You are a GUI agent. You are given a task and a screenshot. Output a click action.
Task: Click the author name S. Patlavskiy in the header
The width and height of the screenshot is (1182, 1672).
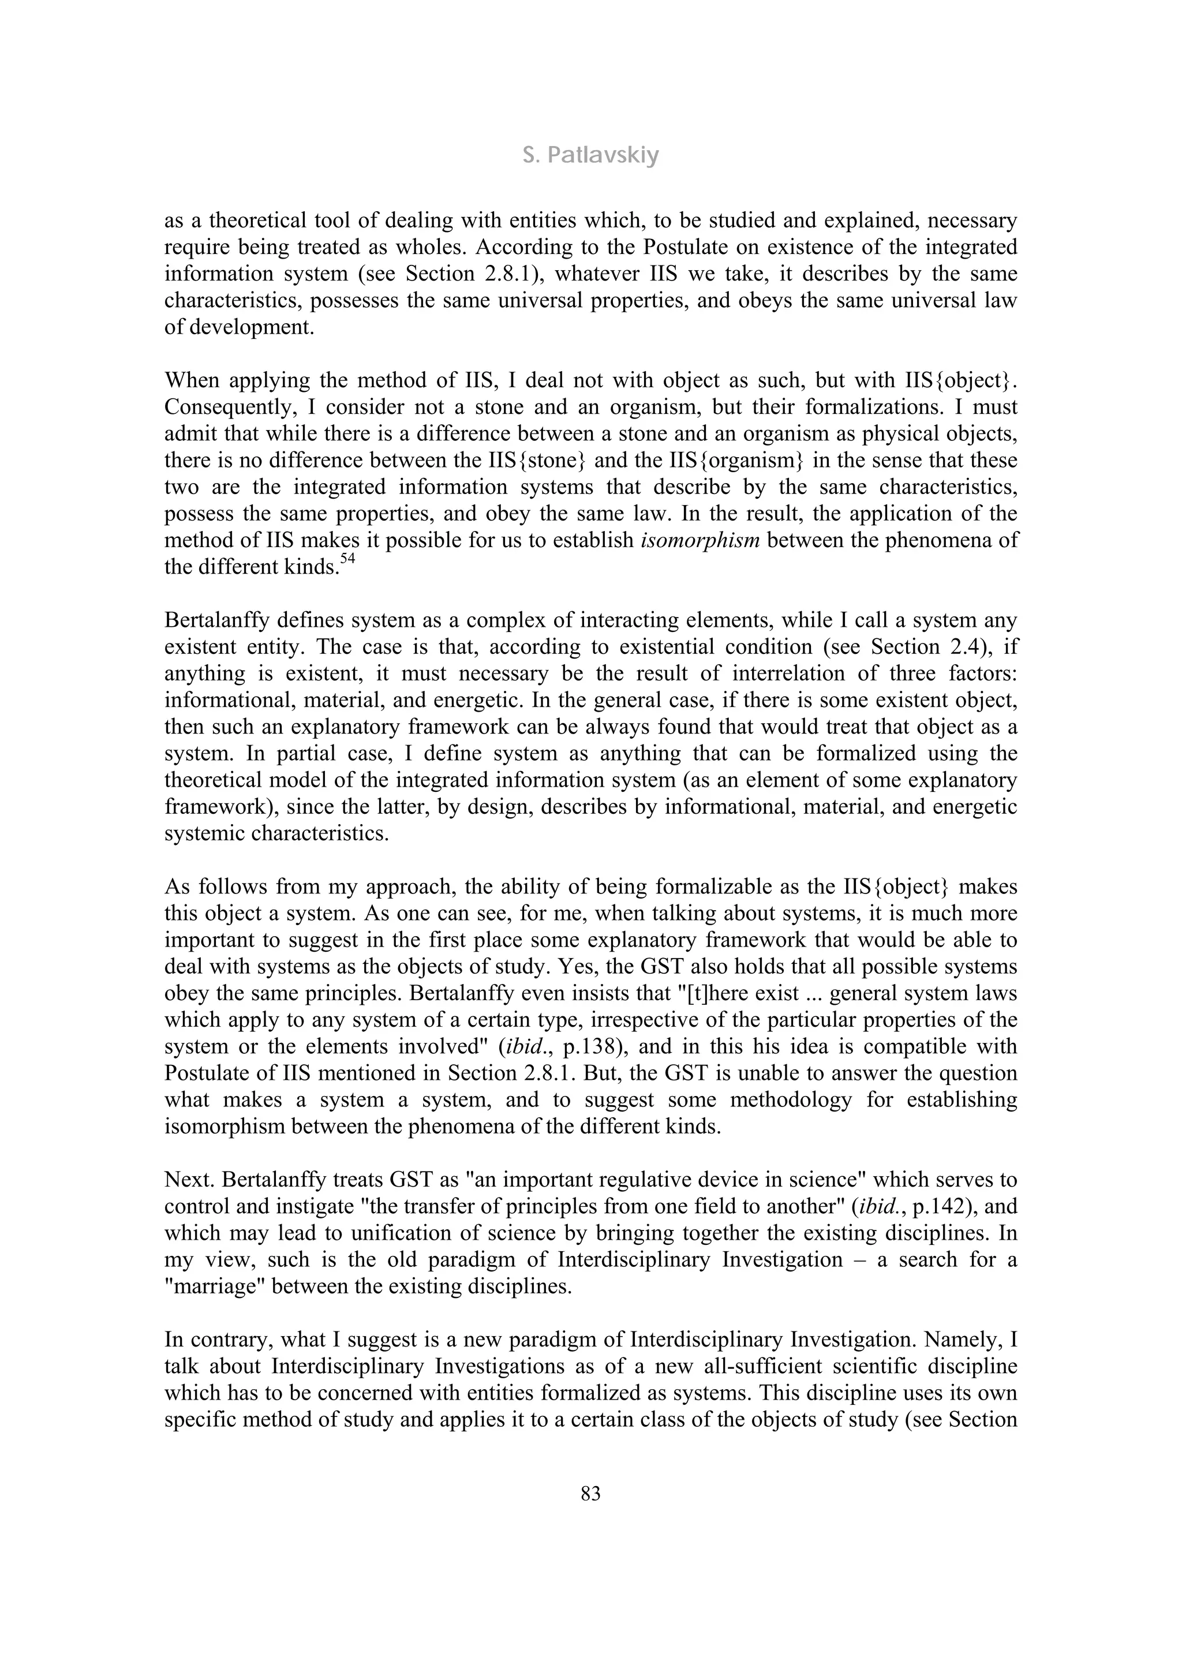click(590, 156)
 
